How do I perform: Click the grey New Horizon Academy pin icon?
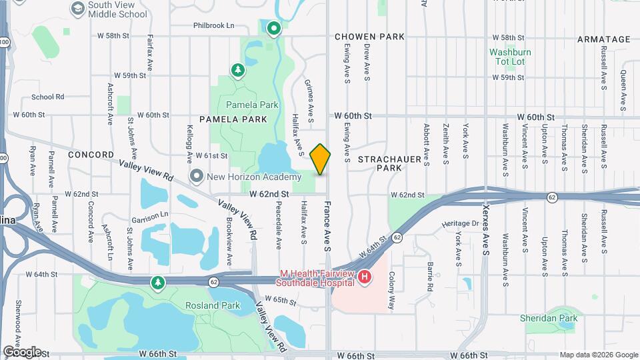click(197, 177)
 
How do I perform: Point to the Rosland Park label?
click(213, 306)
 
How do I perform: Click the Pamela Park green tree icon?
click(237, 70)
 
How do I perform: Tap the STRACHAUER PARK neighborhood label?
click(380, 163)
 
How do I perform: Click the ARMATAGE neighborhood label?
click(603, 39)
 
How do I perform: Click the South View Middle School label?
click(118, 9)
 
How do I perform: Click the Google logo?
click(22, 351)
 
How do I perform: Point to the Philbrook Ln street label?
click(214, 25)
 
